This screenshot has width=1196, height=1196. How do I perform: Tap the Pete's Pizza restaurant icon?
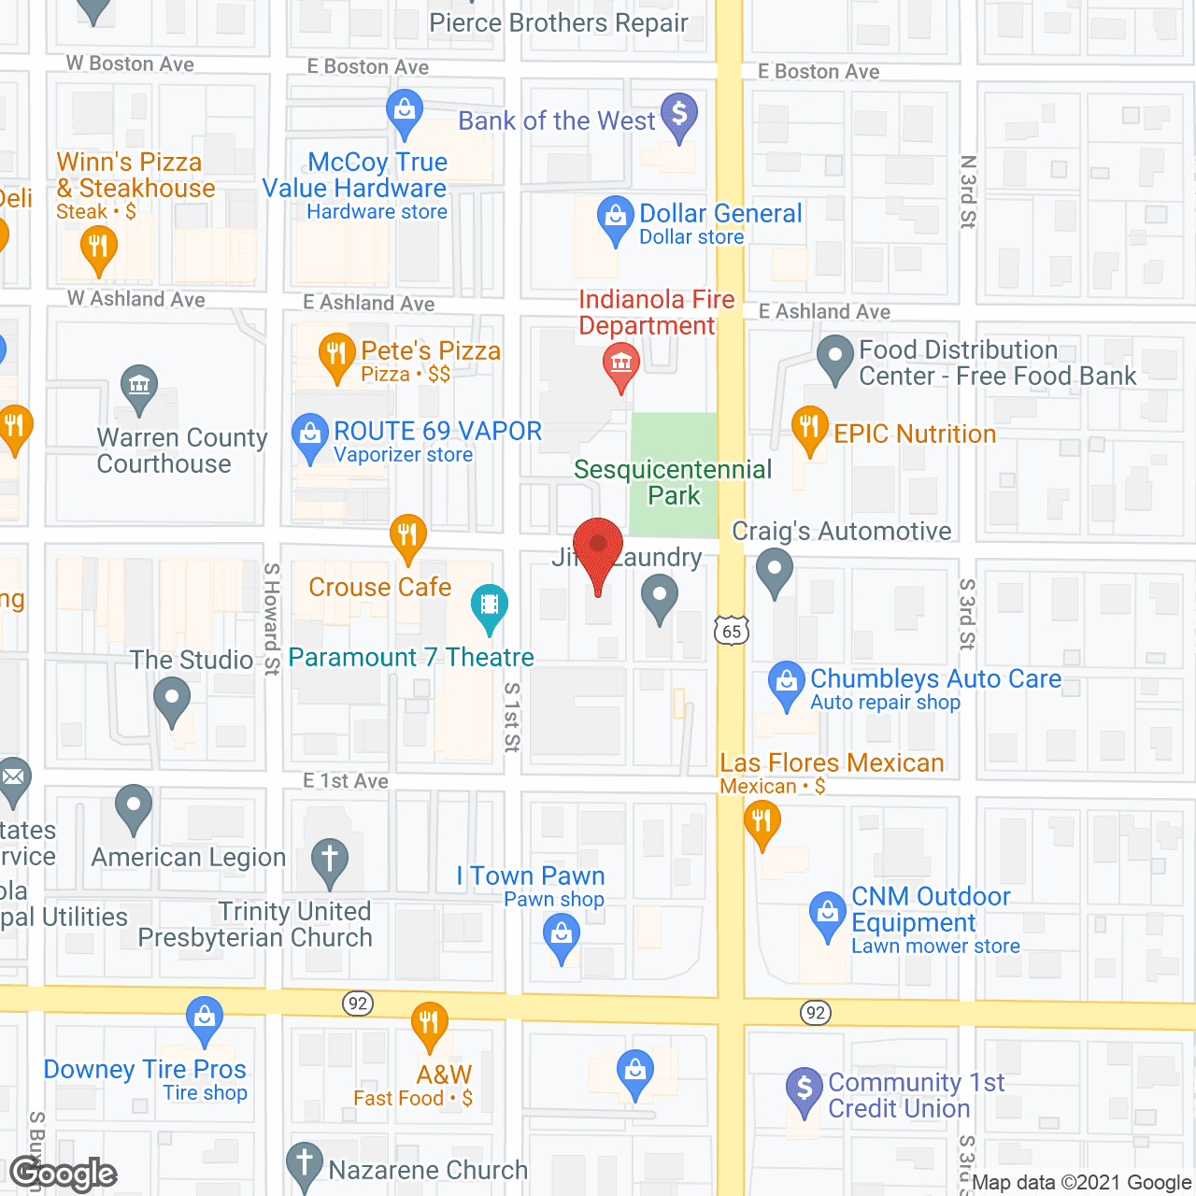coord(336,355)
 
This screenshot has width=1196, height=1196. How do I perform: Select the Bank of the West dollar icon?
coord(679,115)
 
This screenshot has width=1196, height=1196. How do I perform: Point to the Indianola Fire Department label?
coord(656,312)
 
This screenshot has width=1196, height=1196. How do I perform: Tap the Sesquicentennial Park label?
coord(673,482)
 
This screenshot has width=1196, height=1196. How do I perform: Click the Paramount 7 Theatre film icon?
coord(489,604)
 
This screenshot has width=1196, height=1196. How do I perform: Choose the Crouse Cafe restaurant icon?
coord(407,535)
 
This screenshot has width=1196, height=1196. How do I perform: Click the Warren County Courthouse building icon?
coord(139,386)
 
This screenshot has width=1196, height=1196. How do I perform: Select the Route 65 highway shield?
coord(732,632)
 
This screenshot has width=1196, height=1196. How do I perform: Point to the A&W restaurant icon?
coord(429,1024)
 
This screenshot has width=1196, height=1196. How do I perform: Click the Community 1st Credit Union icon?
coord(804,1089)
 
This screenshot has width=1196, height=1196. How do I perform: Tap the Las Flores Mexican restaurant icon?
coord(762,823)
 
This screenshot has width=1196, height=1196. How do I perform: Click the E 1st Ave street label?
coord(346,781)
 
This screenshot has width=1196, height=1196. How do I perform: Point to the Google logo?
coord(64,1174)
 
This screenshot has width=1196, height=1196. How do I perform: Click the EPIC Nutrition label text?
coord(915,434)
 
